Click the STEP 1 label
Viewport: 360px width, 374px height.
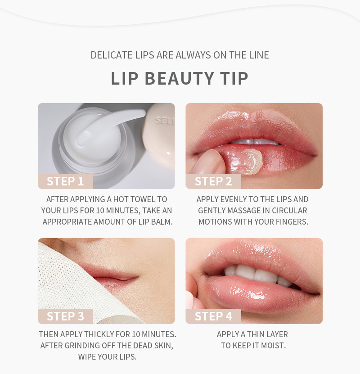pyautogui.click(x=65, y=181)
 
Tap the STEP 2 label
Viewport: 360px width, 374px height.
pyautogui.click(x=213, y=181)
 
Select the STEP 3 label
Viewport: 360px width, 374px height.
pyautogui.click(x=65, y=316)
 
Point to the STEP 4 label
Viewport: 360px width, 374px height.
pyautogui.click(x=213, y=316)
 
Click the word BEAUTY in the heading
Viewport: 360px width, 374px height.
pyautogui.click(x=179, y=78)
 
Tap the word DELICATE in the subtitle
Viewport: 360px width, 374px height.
pyautogui.click(x=112, y=55)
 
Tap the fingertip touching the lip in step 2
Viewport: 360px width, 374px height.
pyautogui.click(x=209, y=162)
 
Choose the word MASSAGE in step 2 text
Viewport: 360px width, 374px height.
pyautogui.click(x=243, y=211)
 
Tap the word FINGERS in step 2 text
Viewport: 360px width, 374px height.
pyautogui.click(x=292, y=222)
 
